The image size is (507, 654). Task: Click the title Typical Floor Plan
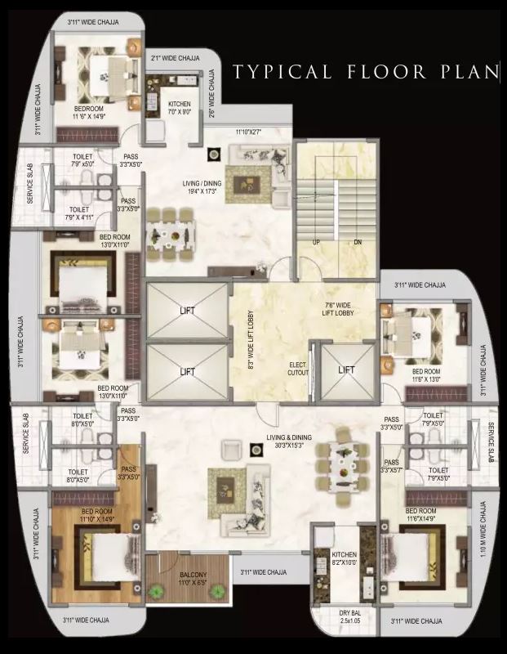point(365,71)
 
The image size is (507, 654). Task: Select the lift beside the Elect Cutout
point(346,370)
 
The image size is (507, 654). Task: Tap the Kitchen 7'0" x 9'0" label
point(180,108)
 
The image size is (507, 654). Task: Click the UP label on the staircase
point(316,243)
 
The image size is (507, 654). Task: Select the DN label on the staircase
point(357,243)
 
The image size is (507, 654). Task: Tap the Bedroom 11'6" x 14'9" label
point(89,113)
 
